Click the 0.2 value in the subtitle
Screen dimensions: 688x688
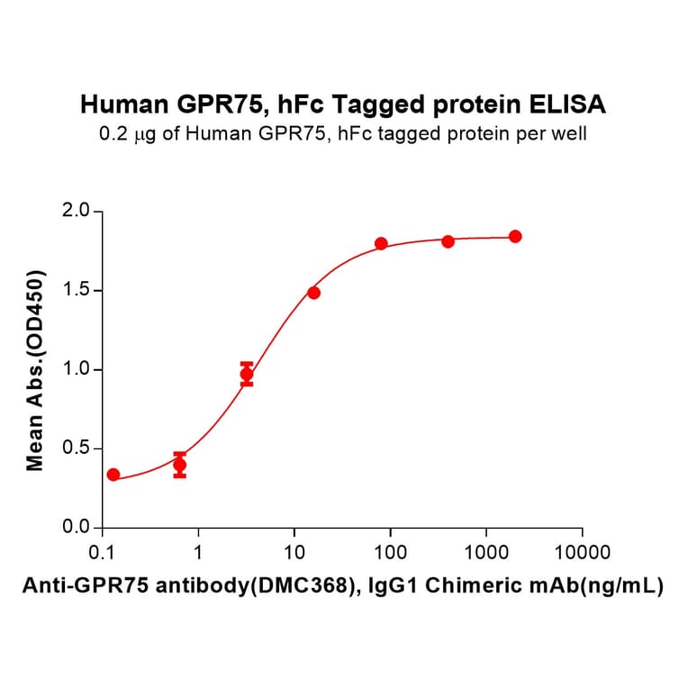(112, 135)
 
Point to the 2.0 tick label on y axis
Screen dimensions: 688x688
(77, 212)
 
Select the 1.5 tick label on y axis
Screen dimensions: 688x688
(77, 291)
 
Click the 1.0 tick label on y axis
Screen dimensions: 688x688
(77, 369)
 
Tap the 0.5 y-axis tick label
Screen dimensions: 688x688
(77, 448)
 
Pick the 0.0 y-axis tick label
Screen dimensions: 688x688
(77, 527)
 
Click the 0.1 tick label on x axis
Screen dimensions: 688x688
(102, 551)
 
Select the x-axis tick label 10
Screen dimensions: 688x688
(294, 551)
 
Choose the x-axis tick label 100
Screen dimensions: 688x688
(390, 551)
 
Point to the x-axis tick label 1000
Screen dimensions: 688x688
(486, 551)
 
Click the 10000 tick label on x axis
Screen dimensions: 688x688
(582, 551)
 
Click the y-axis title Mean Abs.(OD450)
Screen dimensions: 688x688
(36, 369)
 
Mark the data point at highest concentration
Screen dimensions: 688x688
(515, 236)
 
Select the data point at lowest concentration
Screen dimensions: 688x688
(113, 475)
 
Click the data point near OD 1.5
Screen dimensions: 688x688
(313, 293)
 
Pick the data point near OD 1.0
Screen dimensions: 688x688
(247, 374)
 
